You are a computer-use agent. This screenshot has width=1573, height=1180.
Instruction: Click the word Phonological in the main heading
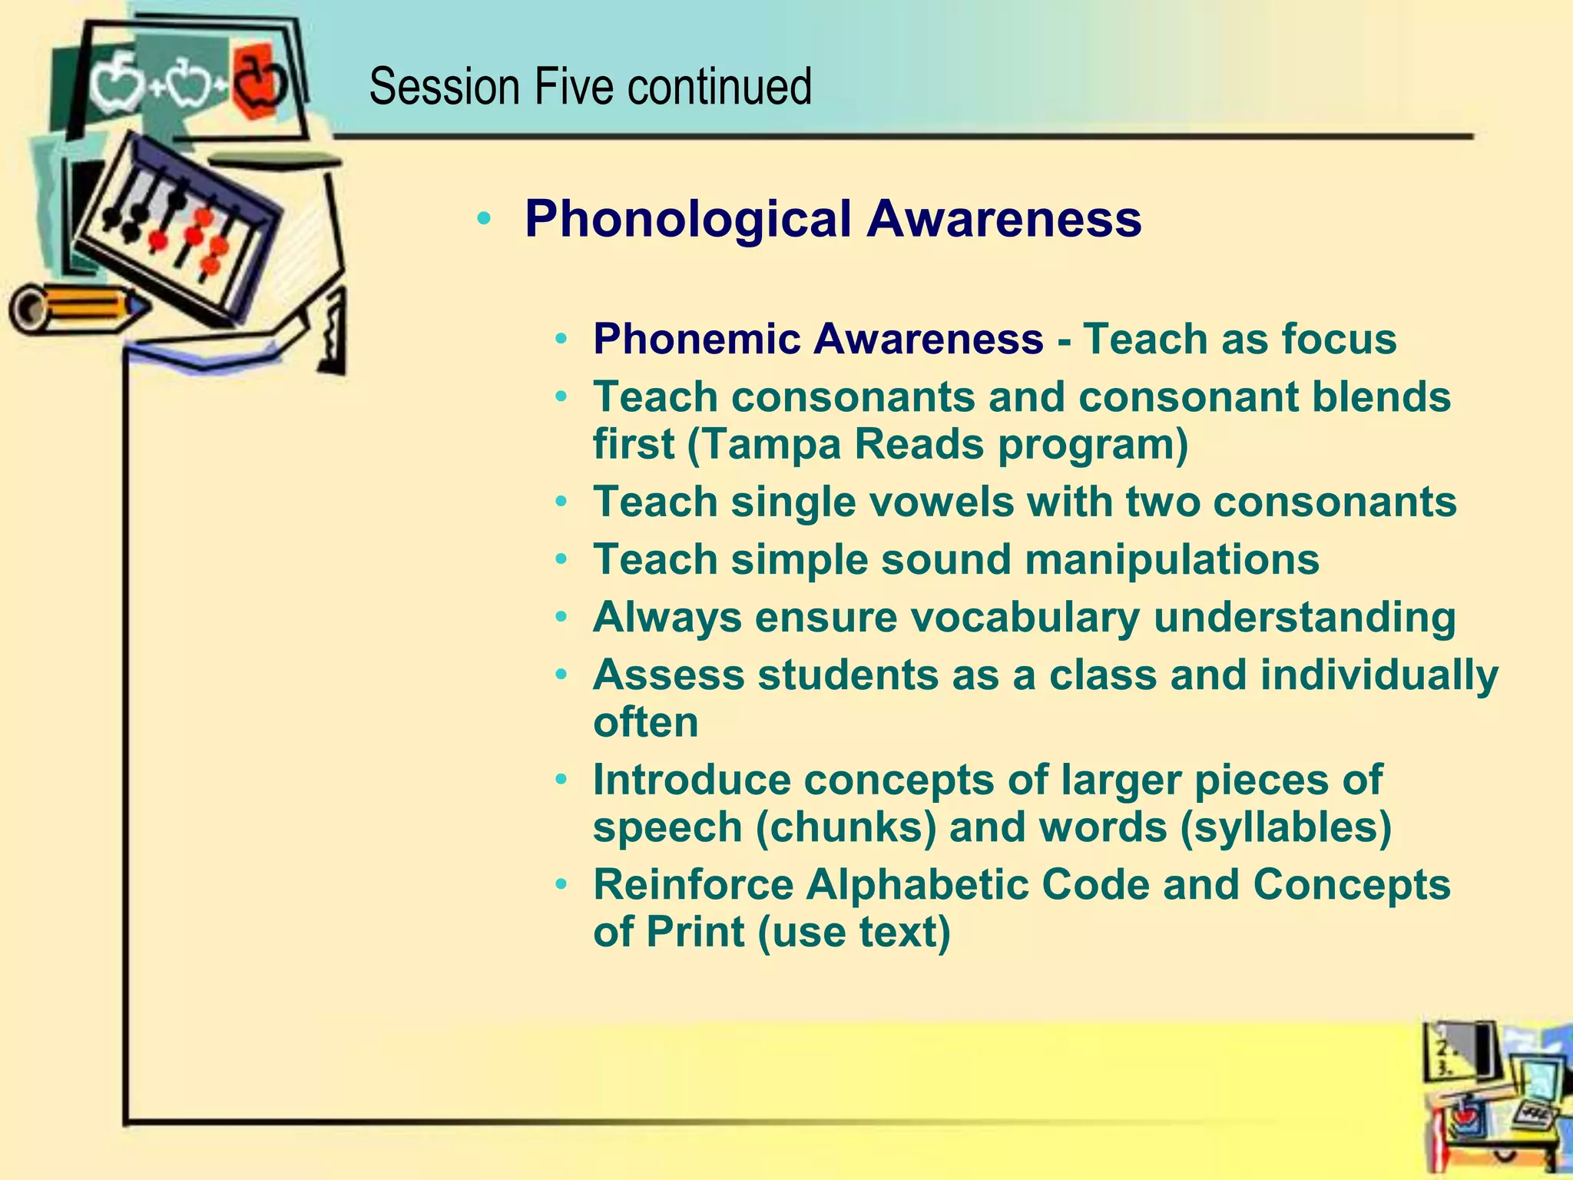click(687, 219)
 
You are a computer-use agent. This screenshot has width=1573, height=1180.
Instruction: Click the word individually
click(1379, 675)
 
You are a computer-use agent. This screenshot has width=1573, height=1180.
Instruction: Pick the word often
click(645, 723)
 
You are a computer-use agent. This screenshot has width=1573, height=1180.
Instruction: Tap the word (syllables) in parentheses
click(1285, 827)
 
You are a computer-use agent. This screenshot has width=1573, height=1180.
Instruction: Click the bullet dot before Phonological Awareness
click(483, 220)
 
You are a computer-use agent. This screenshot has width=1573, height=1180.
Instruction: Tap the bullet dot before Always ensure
click(562, 618)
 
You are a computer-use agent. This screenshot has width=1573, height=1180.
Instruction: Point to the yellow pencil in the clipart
click(77, 307)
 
